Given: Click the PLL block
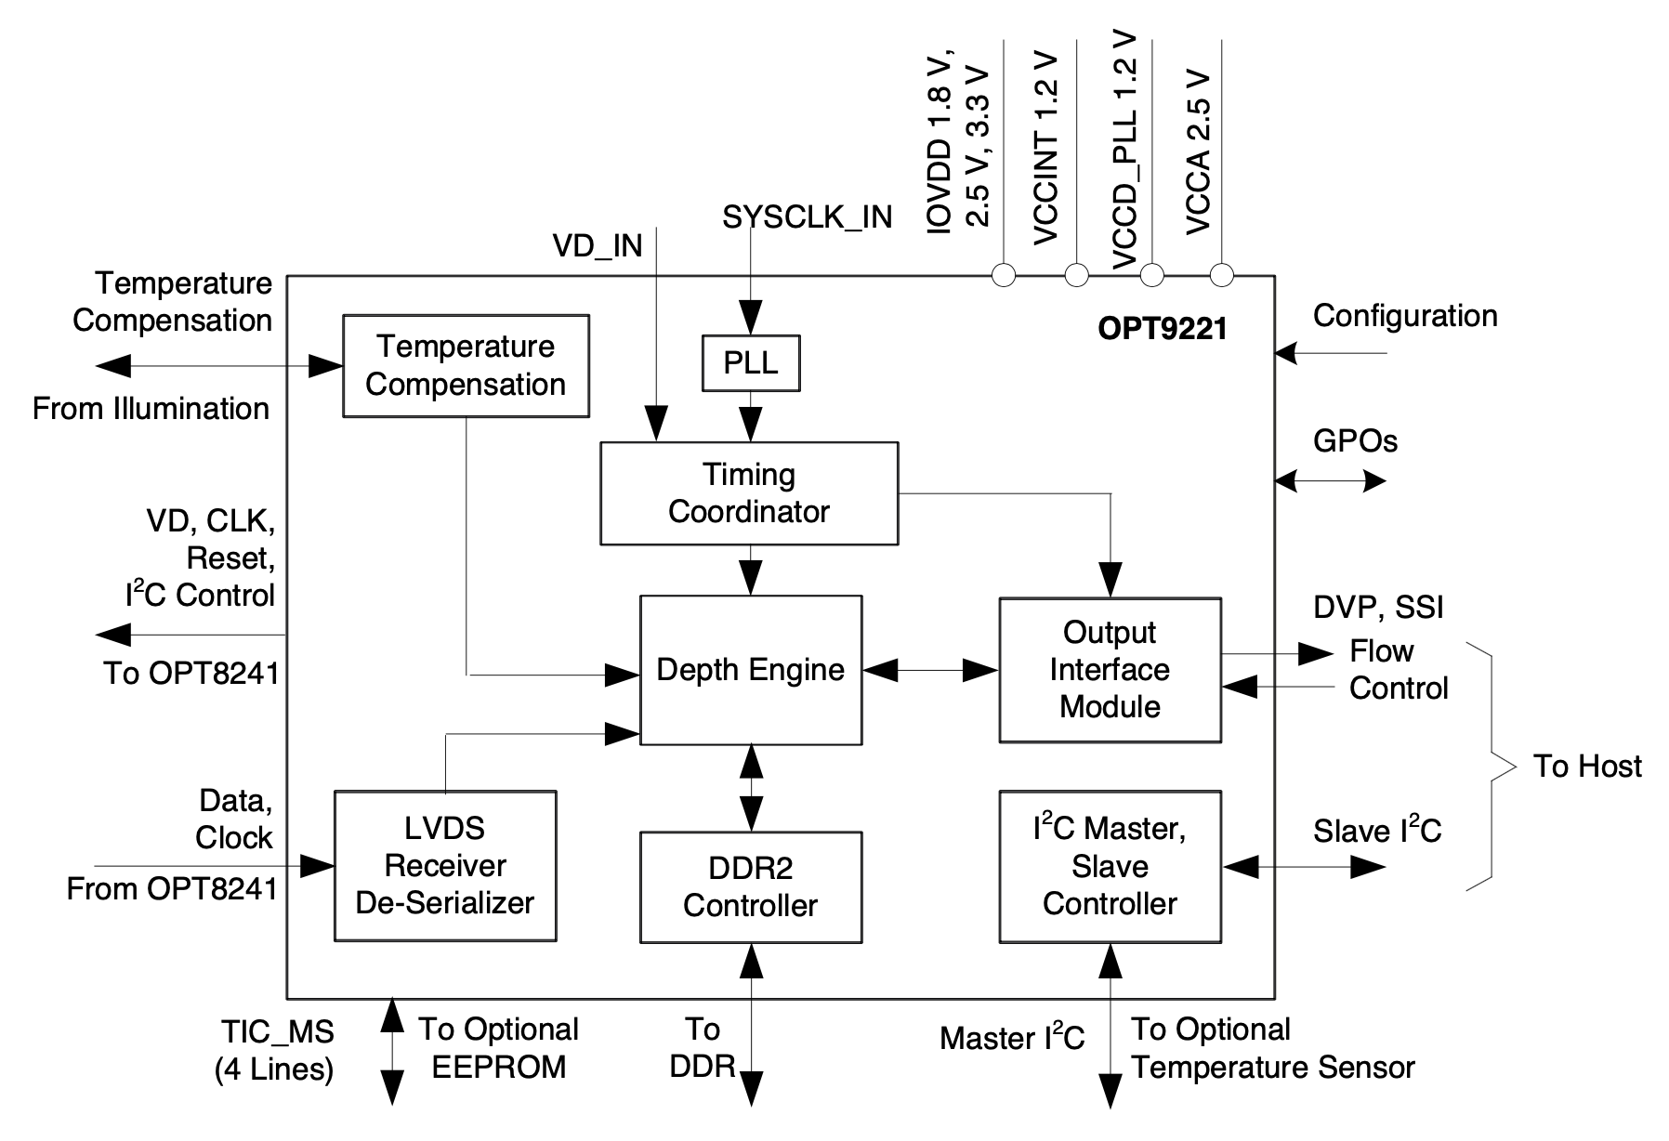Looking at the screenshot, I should (750, 362).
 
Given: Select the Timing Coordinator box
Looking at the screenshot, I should (749, 492).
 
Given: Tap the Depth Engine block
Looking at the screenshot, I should (751, 670).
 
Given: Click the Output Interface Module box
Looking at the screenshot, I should (1110, 670).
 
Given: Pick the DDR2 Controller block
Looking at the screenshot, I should (751, 886).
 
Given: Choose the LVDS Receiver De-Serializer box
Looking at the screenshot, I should (445, 866).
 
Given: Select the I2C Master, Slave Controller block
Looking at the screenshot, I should (1110, 866).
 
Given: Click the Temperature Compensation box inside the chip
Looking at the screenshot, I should (466, 365).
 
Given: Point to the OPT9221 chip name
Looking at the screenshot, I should (1163, 329).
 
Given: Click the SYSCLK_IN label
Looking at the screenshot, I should (807, 217).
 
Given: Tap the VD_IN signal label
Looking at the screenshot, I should (598, 245).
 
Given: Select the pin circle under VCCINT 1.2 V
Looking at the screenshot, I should (1076, 275).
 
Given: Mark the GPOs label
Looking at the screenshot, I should (1355, 440).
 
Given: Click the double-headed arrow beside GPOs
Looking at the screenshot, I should (1330, 480).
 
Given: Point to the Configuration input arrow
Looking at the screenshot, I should (1330, 353).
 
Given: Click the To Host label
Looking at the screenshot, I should (1587, 766).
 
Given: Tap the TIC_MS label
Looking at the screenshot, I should (277, 1031).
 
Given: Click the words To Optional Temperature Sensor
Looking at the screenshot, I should (1272, 1049).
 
